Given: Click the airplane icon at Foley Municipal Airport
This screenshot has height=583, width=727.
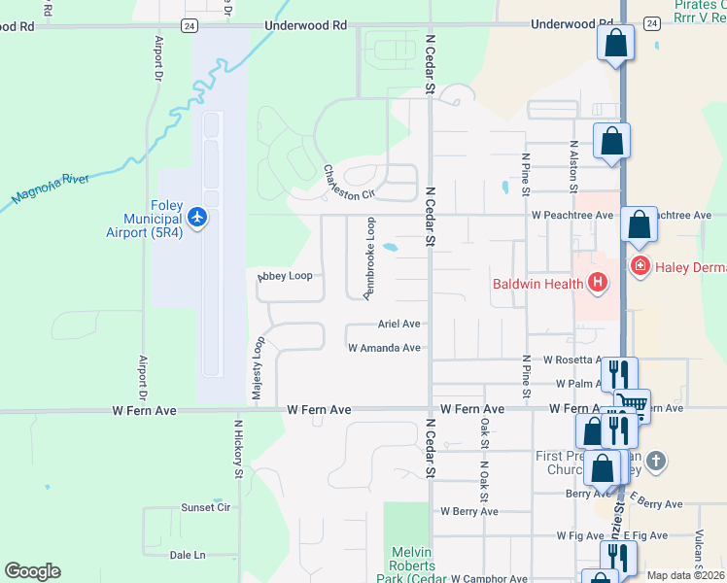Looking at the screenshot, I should pyautogui.click(x=197, y=216).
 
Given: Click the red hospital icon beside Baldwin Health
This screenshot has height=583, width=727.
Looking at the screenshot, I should pyautogui.click(x=598, y=283).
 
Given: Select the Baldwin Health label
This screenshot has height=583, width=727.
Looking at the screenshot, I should pyautogui.click(x=536, y=284).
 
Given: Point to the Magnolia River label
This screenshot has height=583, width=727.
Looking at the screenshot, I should pyautogui.click(x=50, y=189).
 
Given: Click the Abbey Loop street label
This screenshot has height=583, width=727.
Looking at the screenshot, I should pyautogui.click(x=285, y=276).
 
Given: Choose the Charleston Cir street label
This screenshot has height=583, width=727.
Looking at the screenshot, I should pyautogui.click(x=349, y=182).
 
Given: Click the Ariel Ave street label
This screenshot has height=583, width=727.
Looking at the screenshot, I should pyautogui.click(x=398, y=324).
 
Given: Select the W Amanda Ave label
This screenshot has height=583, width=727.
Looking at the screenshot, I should pyautogui.click(x=384, y=347).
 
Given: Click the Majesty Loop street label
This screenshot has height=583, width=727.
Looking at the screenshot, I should pyautogui.click(x=259, y=368).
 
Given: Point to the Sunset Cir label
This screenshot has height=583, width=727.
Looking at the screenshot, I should pyautogui.click(x=205, y=507).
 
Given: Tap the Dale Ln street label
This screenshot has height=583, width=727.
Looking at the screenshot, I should pyautogui.click(x=188, y=555).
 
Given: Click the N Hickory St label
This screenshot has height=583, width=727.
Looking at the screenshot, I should pyautogui.click(x=238, y=449).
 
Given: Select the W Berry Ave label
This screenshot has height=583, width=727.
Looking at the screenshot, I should pyautogui.click(x=468, y=511).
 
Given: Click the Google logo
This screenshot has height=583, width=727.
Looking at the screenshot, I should pyautogui.click(x=32, y=571).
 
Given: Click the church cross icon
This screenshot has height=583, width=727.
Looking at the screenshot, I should pyautogui.click(x=656, y=461).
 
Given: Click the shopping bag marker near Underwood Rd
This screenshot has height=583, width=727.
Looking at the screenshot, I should pyautogui.click(x=615, y=43).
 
